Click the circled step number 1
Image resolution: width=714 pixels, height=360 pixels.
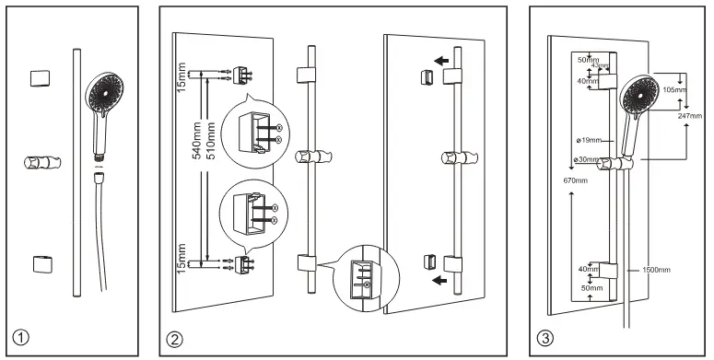coord(21,339)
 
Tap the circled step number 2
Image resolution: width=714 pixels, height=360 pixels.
coord(174,339)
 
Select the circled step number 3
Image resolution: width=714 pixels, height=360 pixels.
coord(545,339)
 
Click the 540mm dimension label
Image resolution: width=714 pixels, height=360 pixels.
coord(197,140)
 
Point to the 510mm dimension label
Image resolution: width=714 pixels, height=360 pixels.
coord(211,140)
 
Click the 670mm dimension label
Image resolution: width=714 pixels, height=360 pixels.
coord(575,180)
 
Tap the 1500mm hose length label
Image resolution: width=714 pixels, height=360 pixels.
coord(656,270)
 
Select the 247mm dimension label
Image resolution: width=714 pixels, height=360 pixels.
coord(690,116)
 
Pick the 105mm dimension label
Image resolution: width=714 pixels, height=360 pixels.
coord(674,90)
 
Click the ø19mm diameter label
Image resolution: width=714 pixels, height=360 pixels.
coord(589,141)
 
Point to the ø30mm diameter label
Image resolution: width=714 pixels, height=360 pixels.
coord(587,159)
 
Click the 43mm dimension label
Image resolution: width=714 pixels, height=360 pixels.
coord(600,65)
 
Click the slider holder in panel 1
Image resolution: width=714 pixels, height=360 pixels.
coord(42,161)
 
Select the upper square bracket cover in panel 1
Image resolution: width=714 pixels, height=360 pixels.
coord(40,78)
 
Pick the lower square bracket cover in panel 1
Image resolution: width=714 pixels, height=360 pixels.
coord(42,264)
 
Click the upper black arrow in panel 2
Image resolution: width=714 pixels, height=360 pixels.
coord(440,61)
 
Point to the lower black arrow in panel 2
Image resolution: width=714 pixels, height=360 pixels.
coord(439,280)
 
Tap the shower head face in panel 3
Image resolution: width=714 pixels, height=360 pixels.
coord(639,94)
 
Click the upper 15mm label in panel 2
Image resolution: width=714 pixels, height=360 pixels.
coord(181,77)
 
